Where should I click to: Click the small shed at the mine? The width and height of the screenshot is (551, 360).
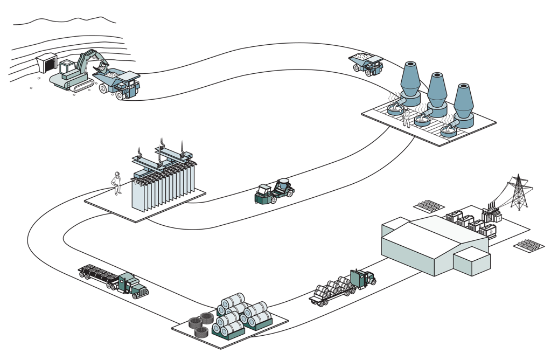46,64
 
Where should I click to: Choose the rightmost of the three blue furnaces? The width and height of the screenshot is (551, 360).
463,106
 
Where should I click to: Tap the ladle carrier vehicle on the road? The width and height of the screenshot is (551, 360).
274,192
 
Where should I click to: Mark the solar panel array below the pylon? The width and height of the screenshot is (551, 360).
528,247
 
